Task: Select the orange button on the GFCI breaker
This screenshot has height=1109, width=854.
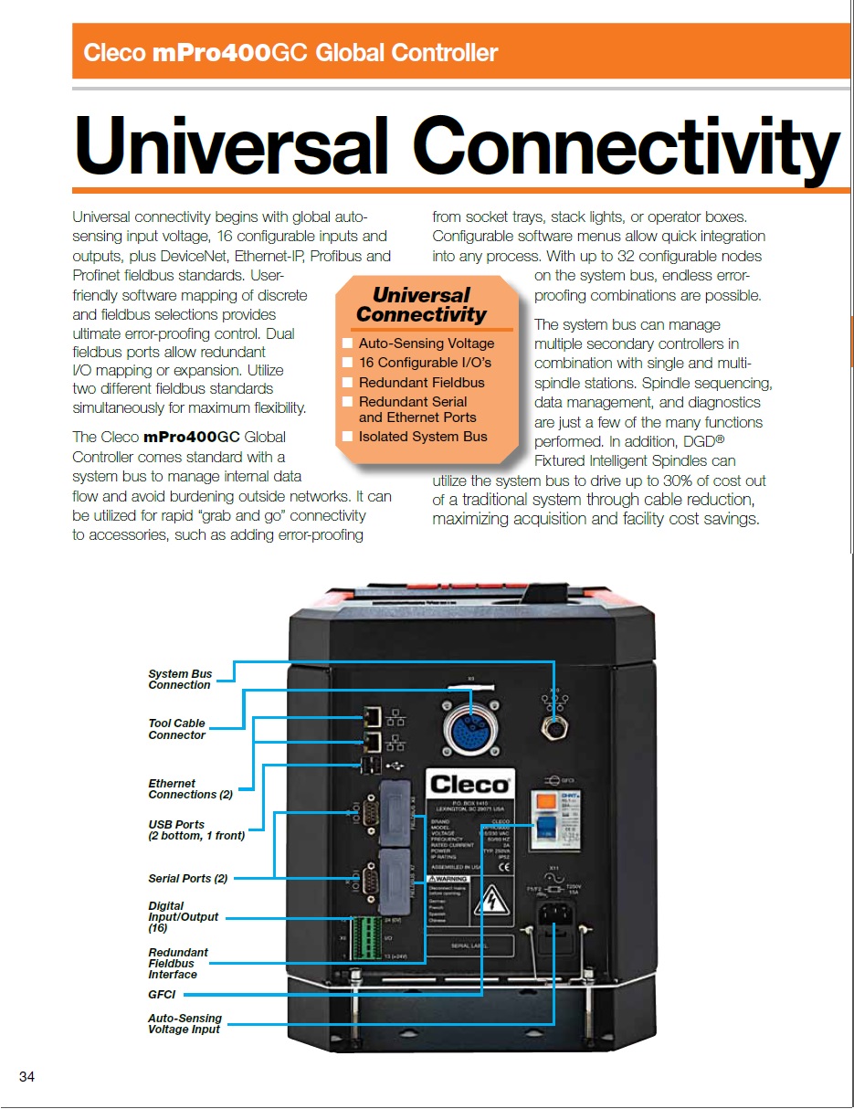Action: click(545, 799)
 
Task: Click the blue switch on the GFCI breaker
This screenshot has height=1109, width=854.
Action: click(545, 827)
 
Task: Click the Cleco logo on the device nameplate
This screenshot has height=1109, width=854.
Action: click(469, 784)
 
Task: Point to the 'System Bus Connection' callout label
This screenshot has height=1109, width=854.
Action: click(180, 680)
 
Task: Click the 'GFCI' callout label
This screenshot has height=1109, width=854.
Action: click(162, 994)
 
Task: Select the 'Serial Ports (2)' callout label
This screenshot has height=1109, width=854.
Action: click(188, 878)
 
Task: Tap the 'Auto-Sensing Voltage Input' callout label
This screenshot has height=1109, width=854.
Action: click(185, 1023)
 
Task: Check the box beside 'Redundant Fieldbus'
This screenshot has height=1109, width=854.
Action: click(347, 383)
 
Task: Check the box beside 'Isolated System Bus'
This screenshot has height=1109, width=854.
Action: click(347, 437)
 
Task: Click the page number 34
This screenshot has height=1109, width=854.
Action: click(26, 1078)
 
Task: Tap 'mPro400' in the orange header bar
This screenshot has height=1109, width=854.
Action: click(211, 52)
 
